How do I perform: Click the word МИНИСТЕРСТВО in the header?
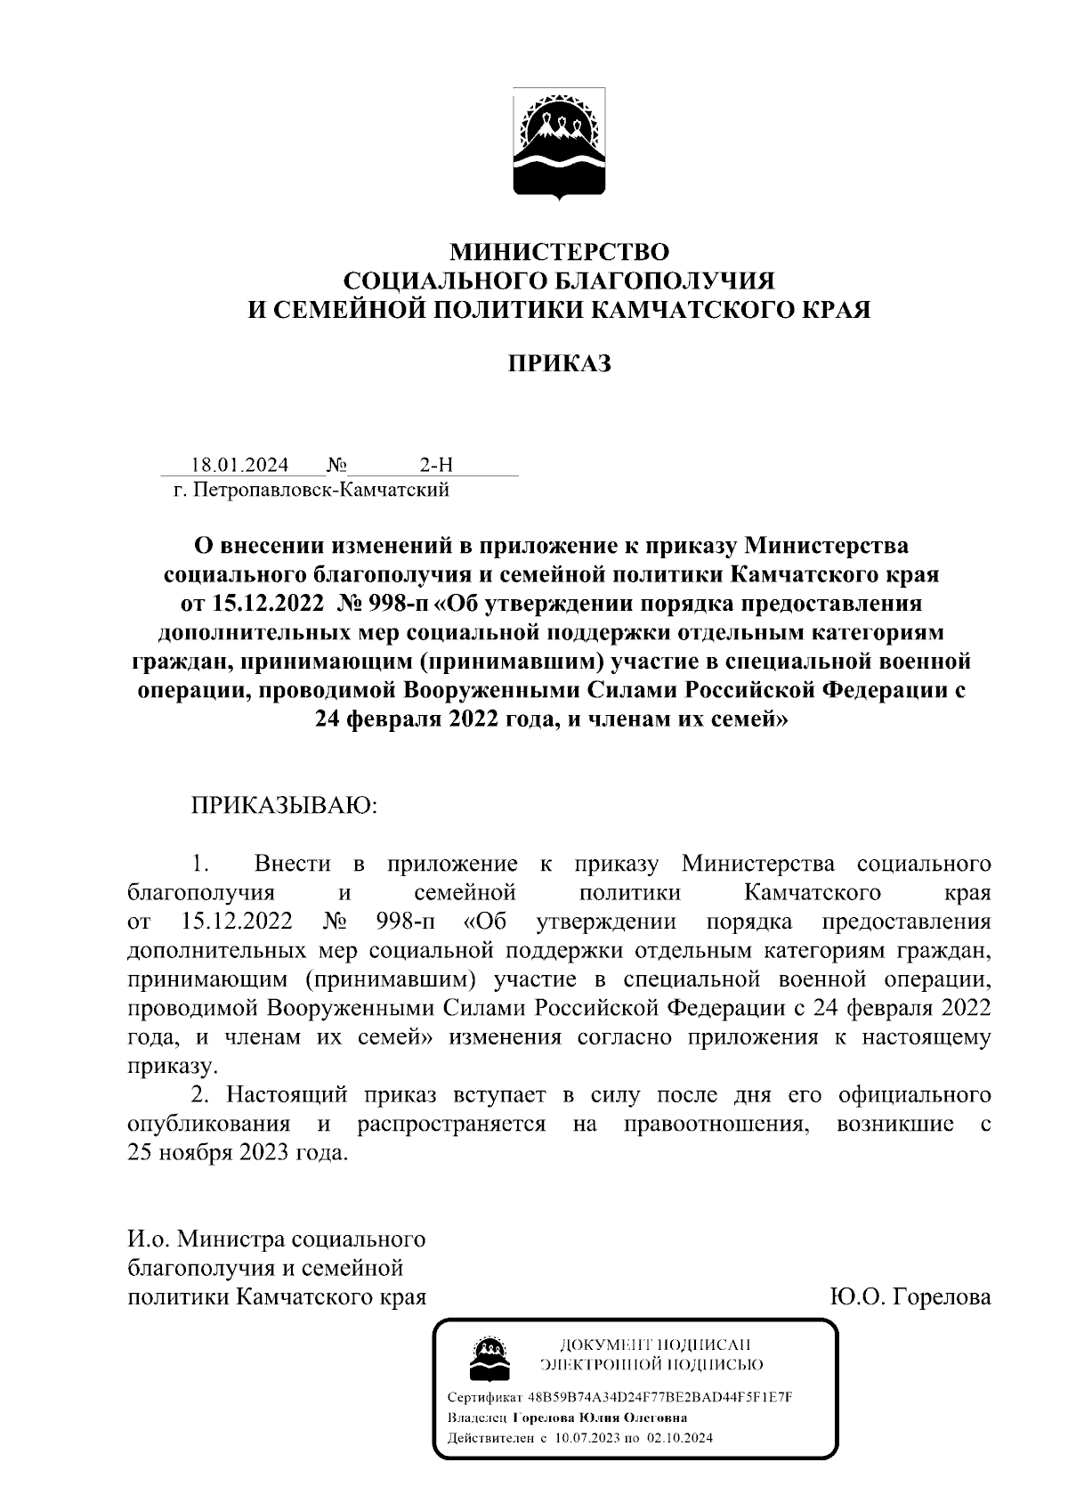click(558, 252)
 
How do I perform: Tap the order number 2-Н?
click(436, 465)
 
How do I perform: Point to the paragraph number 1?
click(200, 864)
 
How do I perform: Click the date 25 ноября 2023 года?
click(235, 1152)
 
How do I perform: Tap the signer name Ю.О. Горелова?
click(910, 1296)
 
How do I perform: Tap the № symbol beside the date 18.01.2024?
click(336, 465)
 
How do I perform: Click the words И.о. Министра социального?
click(277, 1239)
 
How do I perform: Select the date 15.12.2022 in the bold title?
click(265, 604)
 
